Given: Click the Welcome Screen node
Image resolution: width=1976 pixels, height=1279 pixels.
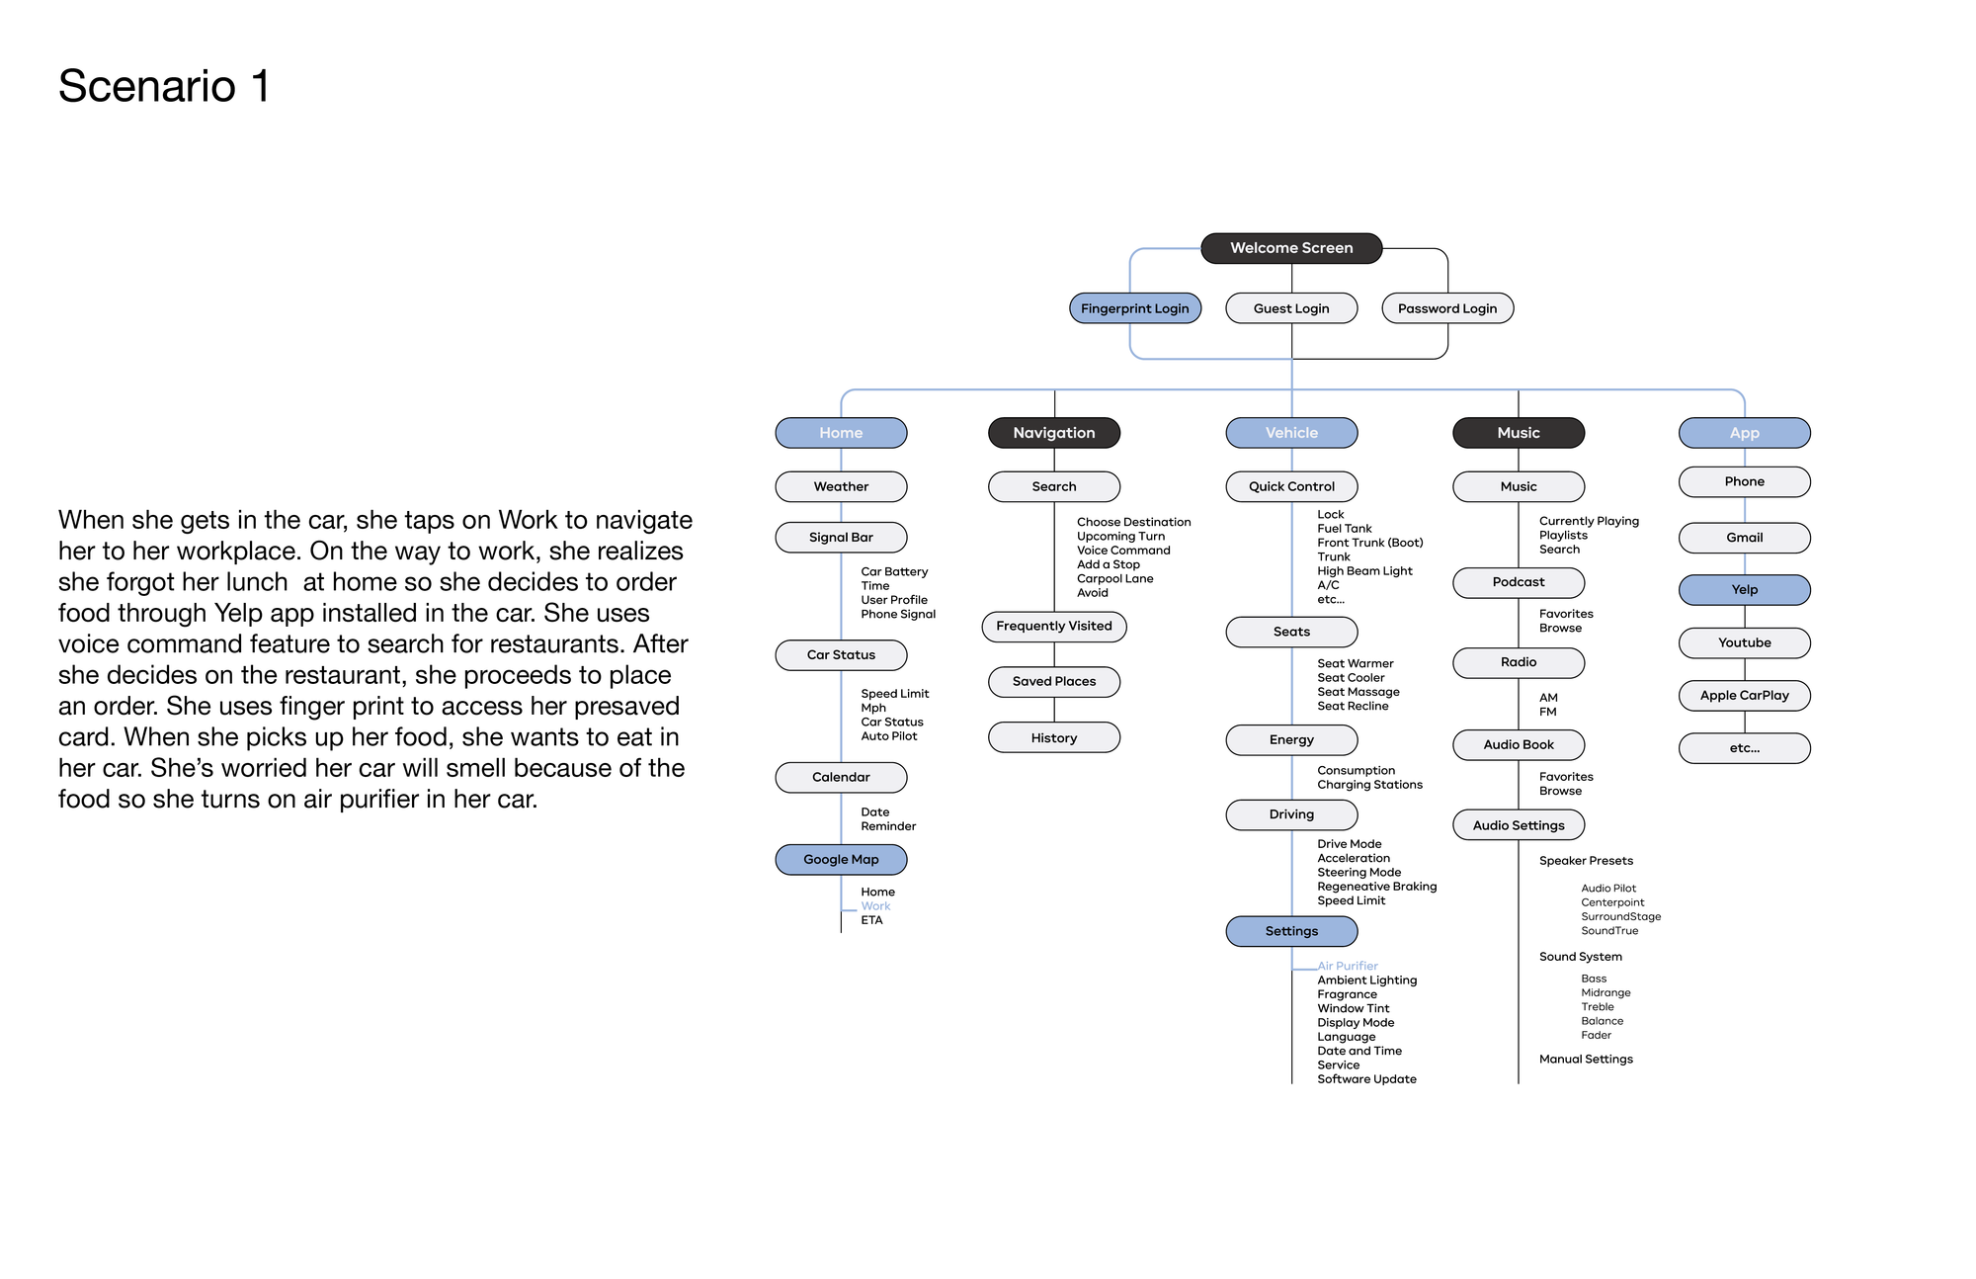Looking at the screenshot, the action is [x=1291, y=248].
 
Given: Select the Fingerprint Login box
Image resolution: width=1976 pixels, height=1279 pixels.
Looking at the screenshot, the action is [x=1135, y=308].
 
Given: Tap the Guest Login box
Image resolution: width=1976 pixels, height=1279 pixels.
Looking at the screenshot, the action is [x=1291, y=308].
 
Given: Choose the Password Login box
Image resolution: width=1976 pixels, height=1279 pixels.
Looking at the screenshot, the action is [x=1447, y=308].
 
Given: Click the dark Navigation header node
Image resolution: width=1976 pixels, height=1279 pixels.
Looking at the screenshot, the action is [x=1054, y=433].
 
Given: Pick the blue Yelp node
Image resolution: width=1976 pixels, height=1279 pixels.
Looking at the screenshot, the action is [x=1745, y=590].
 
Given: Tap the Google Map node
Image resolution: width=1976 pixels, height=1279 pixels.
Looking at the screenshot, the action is [x=841, y=860].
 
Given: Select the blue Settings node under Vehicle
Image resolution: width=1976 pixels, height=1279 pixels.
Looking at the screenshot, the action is [x=1291, y=931].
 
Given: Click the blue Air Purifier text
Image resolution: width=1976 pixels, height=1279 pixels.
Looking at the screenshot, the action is [x=1348, y=966].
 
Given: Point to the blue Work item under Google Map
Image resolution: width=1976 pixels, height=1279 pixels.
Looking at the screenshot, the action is [x=875, y=906].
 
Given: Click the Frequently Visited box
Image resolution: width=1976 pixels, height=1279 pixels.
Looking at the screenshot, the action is [x=1054, y=627].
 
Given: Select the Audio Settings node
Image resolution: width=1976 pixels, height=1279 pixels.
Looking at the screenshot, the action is [x=1519, y=825].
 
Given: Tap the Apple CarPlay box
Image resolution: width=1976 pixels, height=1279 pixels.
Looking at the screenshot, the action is [x=1745, y=696].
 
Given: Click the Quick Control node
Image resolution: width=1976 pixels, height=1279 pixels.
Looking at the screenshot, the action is [x=1291, y=486].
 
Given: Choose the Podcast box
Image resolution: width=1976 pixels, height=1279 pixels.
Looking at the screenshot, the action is [x=1519, y=582].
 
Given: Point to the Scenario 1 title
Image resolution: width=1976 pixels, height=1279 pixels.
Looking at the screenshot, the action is [x=164, y=86].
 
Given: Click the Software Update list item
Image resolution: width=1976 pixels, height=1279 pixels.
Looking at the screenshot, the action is [x=1366, y=1079].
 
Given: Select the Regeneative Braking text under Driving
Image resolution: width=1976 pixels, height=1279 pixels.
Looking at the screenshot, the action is [x=1376, y=887].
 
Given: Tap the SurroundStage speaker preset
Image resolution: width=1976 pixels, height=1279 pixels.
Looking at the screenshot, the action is [x=1620, y=917].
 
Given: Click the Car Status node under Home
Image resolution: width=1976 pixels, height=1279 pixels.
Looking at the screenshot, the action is [x=841, y=655].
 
